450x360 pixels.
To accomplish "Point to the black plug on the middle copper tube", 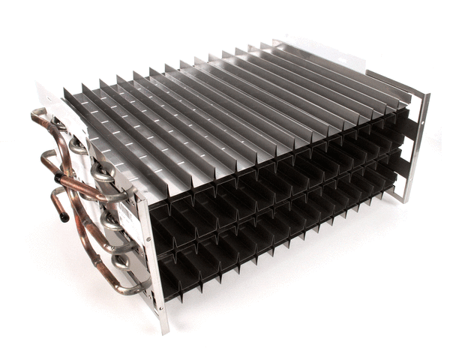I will coord(58,178).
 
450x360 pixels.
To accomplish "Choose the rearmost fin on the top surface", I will coord(337,60).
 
